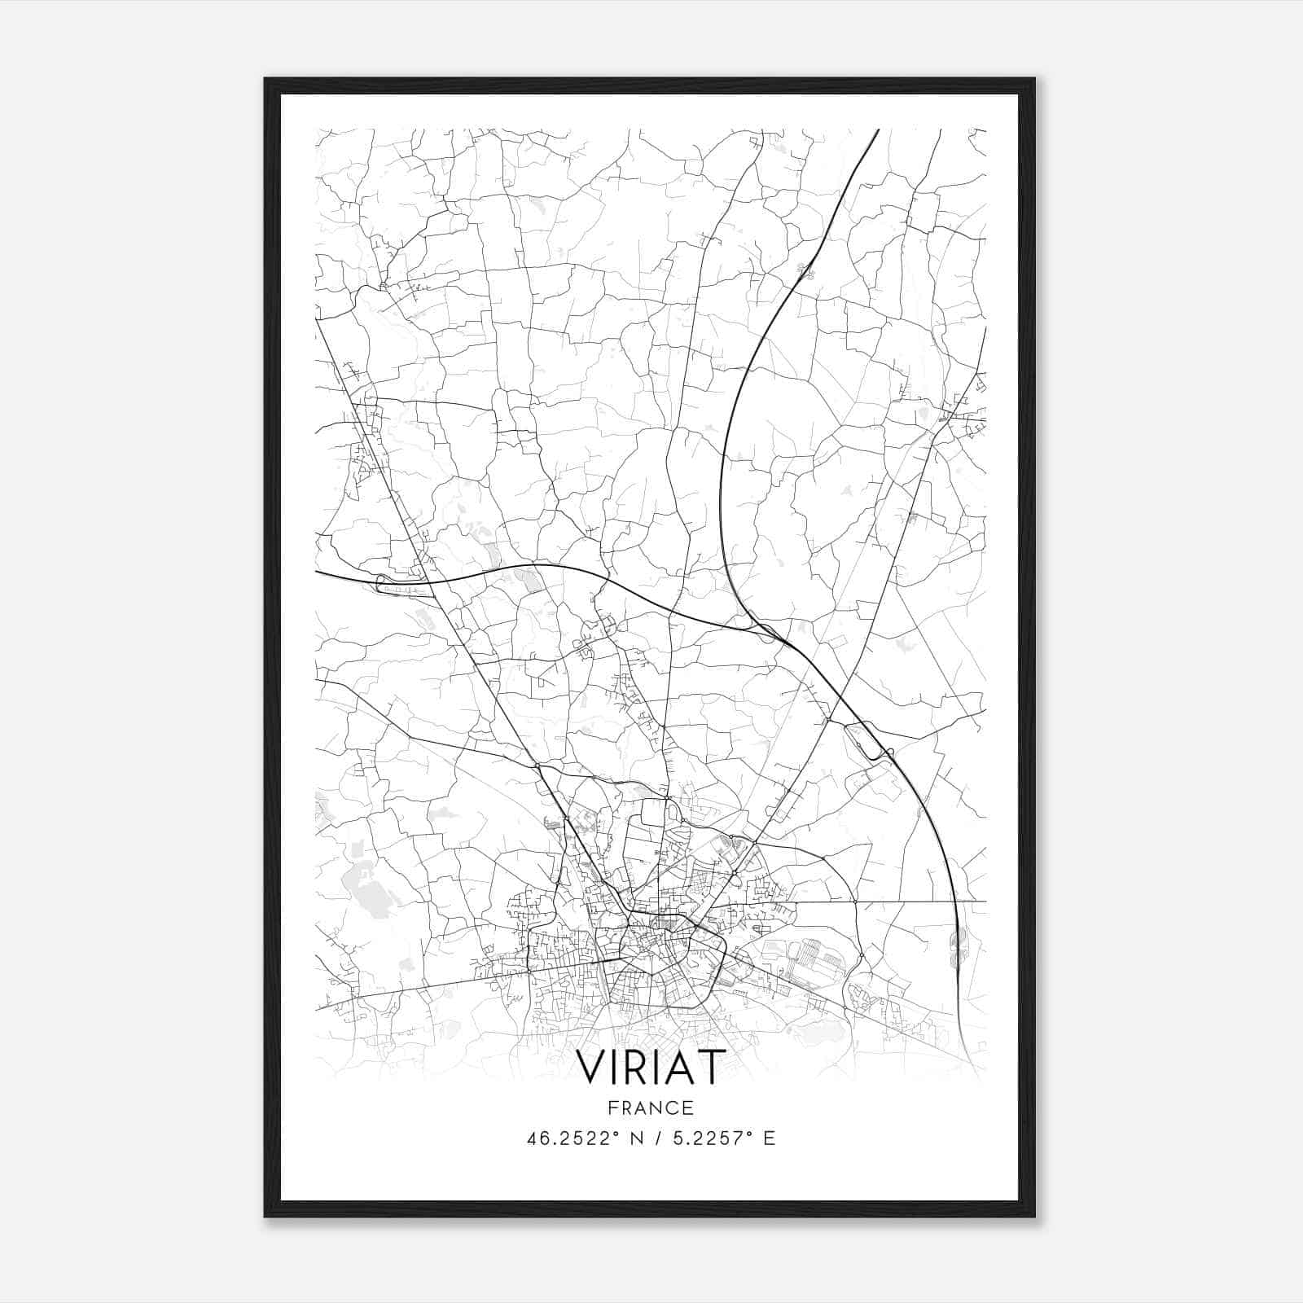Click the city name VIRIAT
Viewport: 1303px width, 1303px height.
click(651, 1068)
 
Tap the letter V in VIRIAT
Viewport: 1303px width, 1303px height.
click(592, 1068)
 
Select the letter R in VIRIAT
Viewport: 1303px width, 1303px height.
click(643, 1068)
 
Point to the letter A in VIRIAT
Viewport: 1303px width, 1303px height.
click(682, 1068)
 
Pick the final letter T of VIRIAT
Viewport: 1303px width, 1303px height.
click(711, 1068)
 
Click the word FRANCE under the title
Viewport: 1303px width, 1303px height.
click(651, 1108)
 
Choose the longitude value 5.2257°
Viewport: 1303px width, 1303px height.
click(707, 1138)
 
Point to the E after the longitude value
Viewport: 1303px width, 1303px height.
click(769, 1138)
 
